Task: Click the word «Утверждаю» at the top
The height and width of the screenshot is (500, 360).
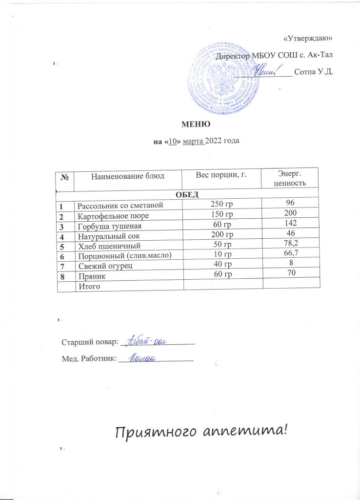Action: pyautogui.click(x=308, y=38)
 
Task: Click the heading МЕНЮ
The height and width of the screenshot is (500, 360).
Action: pyautogui.click(x=186, y=125)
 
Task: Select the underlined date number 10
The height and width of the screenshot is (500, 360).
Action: pyautogui.click(x=171, y=141)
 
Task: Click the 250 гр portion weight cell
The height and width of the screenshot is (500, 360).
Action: pyautogui.click(x=221, y=204)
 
